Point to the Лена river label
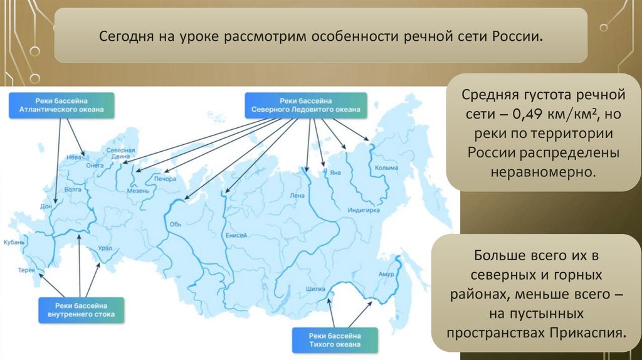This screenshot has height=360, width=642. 297,195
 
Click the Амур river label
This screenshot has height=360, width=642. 386,274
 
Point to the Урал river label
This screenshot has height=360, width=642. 105,248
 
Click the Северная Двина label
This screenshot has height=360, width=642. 121,154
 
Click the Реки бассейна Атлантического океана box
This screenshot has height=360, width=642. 61,105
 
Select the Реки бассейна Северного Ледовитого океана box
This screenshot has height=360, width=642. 305,105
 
